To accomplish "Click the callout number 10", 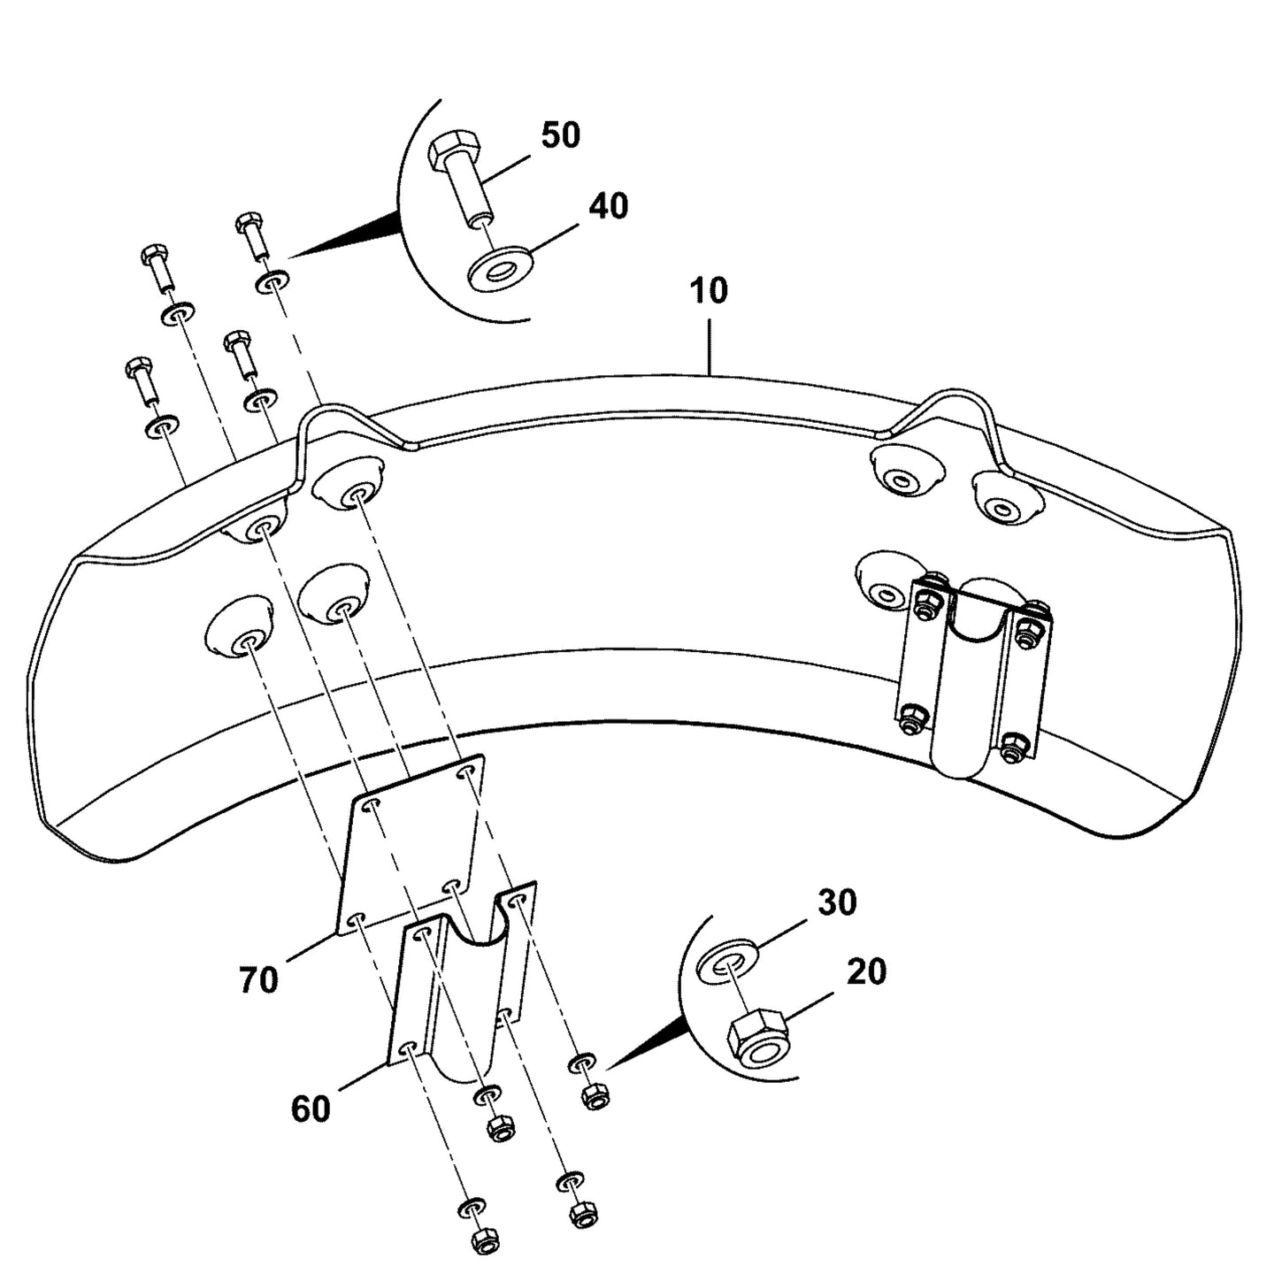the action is point(709,291).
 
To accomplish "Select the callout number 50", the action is point(561,134).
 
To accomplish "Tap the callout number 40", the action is point(608,206).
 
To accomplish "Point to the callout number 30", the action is point(837,903).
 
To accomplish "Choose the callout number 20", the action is point(866,971).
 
